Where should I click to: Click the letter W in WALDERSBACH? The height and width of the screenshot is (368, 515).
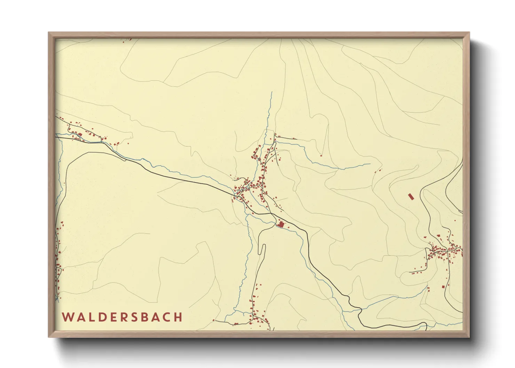pos(68,317)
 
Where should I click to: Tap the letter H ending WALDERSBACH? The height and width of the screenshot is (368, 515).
pos(179,317)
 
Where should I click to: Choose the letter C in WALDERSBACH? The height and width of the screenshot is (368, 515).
pos(165,317)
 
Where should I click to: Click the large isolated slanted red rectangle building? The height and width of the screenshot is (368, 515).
pos(411,197)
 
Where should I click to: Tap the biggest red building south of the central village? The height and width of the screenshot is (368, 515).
pos(280,224)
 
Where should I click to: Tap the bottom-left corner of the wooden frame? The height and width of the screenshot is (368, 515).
pos(49,337)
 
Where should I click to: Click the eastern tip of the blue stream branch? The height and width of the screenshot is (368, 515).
pos(370,164)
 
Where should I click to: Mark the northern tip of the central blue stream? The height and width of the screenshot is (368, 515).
pos(271,92)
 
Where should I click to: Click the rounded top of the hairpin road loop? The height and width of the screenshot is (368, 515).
pos(263,246)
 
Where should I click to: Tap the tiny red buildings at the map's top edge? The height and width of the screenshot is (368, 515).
pos(127,40)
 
